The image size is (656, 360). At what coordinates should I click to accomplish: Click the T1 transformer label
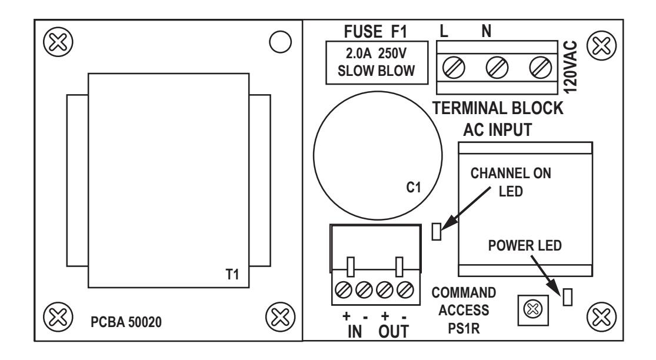point(232,274)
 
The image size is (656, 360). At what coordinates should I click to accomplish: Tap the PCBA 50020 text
point(126,322)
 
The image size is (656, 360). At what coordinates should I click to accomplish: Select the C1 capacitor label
point(414,187)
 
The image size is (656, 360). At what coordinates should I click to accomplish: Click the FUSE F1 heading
point(375,31)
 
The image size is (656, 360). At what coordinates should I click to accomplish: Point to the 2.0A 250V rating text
point(376,54)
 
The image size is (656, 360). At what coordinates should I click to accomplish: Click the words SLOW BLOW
point(376,71)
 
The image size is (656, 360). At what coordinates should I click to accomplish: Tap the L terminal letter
point(444,31)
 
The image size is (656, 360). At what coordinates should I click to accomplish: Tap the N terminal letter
point(486,31)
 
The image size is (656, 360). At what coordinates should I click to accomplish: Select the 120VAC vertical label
point(571,67)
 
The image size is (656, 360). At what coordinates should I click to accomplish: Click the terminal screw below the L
point(454,68)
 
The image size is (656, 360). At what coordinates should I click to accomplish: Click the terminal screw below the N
point(497,68)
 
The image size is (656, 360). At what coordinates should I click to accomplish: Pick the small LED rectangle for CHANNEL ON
point(437,231)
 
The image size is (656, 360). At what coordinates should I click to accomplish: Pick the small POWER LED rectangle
point(567,297)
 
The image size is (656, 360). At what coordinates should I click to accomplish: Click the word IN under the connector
point(355,332)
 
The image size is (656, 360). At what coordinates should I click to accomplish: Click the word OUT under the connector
point(393,332)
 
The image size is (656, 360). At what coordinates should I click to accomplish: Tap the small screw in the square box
point(533,310)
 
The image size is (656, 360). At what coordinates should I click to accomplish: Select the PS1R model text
point(464,329)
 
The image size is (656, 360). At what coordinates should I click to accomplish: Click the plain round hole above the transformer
point(280,42)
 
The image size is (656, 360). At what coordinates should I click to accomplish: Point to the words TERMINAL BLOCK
point(498,108)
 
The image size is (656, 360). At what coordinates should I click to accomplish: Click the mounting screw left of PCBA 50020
point(58,316)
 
